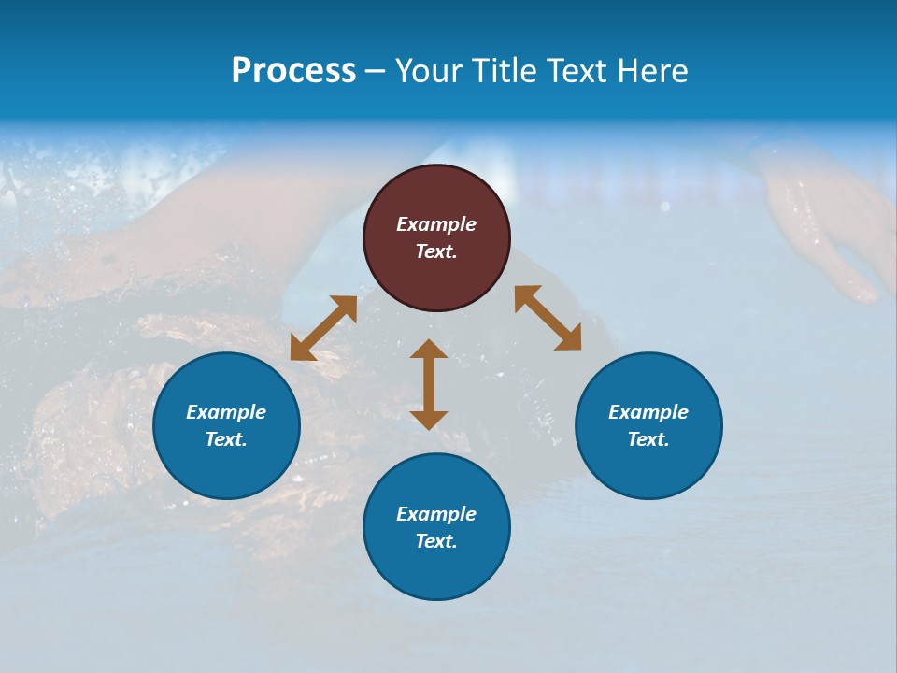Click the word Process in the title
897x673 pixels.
293,71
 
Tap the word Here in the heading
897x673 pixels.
653,71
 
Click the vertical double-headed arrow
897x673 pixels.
429,384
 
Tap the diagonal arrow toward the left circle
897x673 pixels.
323,328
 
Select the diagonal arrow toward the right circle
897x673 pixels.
548,318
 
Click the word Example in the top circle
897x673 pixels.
436,224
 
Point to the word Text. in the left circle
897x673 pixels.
226,439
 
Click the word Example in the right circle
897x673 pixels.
648,412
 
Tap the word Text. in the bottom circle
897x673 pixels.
436,541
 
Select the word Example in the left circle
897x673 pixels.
226,412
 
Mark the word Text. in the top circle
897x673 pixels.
436,251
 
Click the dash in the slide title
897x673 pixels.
375,71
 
